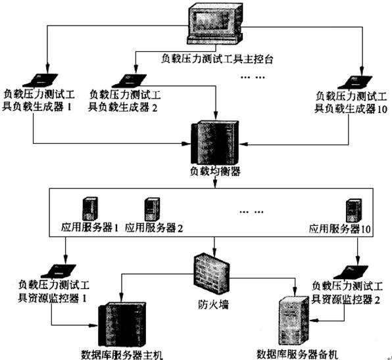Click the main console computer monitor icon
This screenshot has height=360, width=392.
pos(215,24)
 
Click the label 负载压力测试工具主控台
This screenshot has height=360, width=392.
pos(216,59)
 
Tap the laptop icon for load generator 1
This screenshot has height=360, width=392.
pos(44,80)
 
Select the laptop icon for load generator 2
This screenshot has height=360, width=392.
pos(132,80)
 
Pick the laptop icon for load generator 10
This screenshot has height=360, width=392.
pos(355,82)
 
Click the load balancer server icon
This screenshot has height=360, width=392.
pos(215,143)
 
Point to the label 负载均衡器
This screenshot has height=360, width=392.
pos(215,171)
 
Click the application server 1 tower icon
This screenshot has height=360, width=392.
pos(90,209)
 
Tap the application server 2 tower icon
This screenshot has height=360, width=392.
pos(152,209)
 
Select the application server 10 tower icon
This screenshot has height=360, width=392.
pos(354,210)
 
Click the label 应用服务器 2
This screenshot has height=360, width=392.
pos(154,228)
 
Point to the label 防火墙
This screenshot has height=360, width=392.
pos(213,304)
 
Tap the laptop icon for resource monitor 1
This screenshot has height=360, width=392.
pos(59,271)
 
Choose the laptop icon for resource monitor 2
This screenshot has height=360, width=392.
pos(351,272)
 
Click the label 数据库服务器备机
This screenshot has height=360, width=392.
pos(297,354)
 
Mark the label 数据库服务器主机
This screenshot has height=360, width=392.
pos(122,355)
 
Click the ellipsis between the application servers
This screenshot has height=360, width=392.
pos(251,212)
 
